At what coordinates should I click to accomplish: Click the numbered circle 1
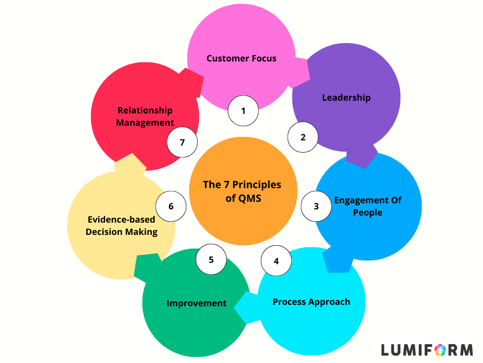tap(243, 111)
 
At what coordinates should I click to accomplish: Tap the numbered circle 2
tap(303, 138)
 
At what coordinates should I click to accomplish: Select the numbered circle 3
tap(316, 206)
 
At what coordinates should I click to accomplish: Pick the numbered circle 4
tap(276, 260)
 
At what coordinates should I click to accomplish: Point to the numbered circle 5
tap(211, 259)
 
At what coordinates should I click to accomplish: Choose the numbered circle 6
tap(171, 206)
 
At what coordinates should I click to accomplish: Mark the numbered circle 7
tap(183, 142)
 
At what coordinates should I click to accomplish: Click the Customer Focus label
tap(241, 59)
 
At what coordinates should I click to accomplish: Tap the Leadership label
tap(346, 98)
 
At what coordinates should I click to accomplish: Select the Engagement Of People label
tap(368, 206)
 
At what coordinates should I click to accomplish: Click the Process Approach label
tap(311, 302)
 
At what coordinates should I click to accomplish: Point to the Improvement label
tap(196, 303)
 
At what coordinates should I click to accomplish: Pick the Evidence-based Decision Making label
tap(122, 225)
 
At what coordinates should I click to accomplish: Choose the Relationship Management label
tap(145, 116)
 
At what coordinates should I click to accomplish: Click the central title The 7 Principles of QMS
tap(242, 191)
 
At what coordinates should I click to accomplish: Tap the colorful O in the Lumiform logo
tap(440, 350)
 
